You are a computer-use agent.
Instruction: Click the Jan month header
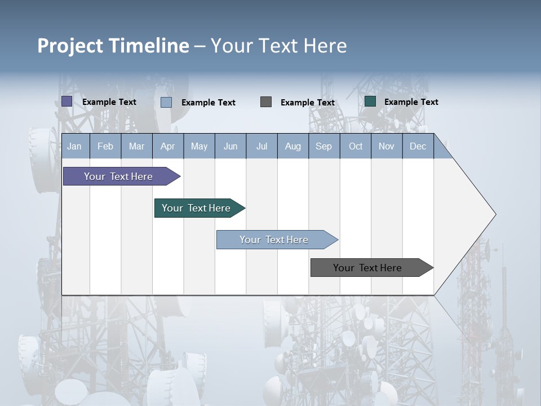(75, 146)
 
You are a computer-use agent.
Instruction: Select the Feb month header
(105, 146)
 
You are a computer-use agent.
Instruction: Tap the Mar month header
(136, 146)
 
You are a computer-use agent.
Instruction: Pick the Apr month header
(168, 146)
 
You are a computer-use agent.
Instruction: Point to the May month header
(199, 146)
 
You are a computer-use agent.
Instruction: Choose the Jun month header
(230, 146)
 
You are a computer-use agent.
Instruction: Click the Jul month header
(261, 146)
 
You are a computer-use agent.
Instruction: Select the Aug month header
(293, 146)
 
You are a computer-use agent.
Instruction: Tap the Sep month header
(324, 146)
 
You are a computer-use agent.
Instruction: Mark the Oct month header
(356, 146)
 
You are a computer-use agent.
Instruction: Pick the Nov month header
(387, 146)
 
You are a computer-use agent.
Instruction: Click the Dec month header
(418, 146)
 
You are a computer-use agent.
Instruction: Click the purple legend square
(67, 101)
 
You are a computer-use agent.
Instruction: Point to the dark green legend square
(370, 101)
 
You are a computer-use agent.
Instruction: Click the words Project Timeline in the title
(113, 46)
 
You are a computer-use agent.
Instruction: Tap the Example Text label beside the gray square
(308, 103)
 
